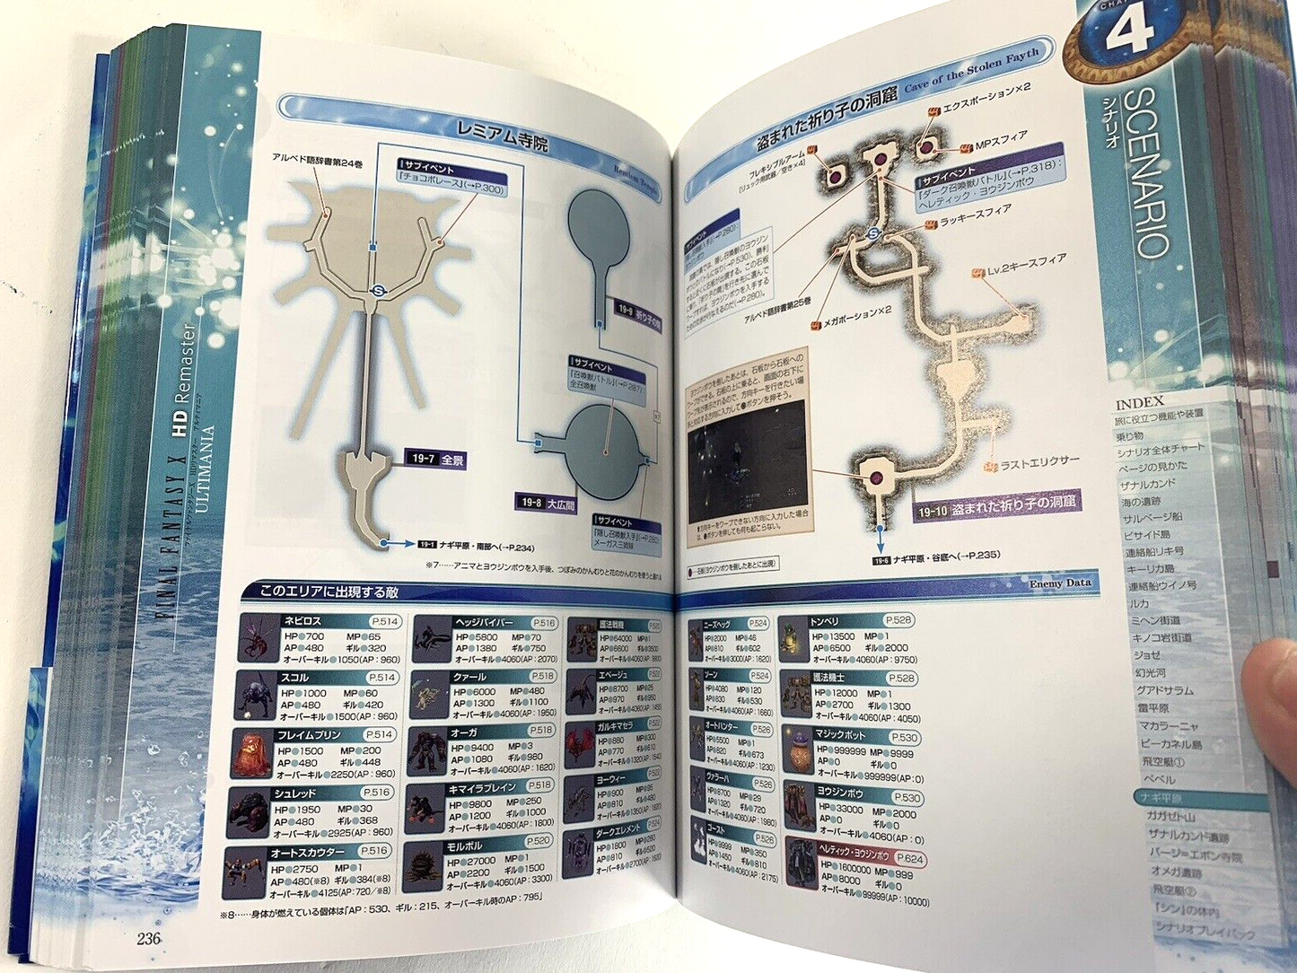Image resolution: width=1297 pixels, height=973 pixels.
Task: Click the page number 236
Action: pos(148,938)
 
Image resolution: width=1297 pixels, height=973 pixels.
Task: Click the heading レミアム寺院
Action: pos(502,136)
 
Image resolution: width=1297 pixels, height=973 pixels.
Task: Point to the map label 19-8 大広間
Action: pos(548,503)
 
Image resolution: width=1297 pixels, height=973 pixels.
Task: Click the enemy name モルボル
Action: pos(464,846)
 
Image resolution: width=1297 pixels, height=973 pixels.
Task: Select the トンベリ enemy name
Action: pos(824,621)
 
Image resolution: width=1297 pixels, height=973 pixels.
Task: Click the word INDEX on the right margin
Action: pos(1139,402)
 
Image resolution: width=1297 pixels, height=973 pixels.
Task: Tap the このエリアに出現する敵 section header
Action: pos(329,592)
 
